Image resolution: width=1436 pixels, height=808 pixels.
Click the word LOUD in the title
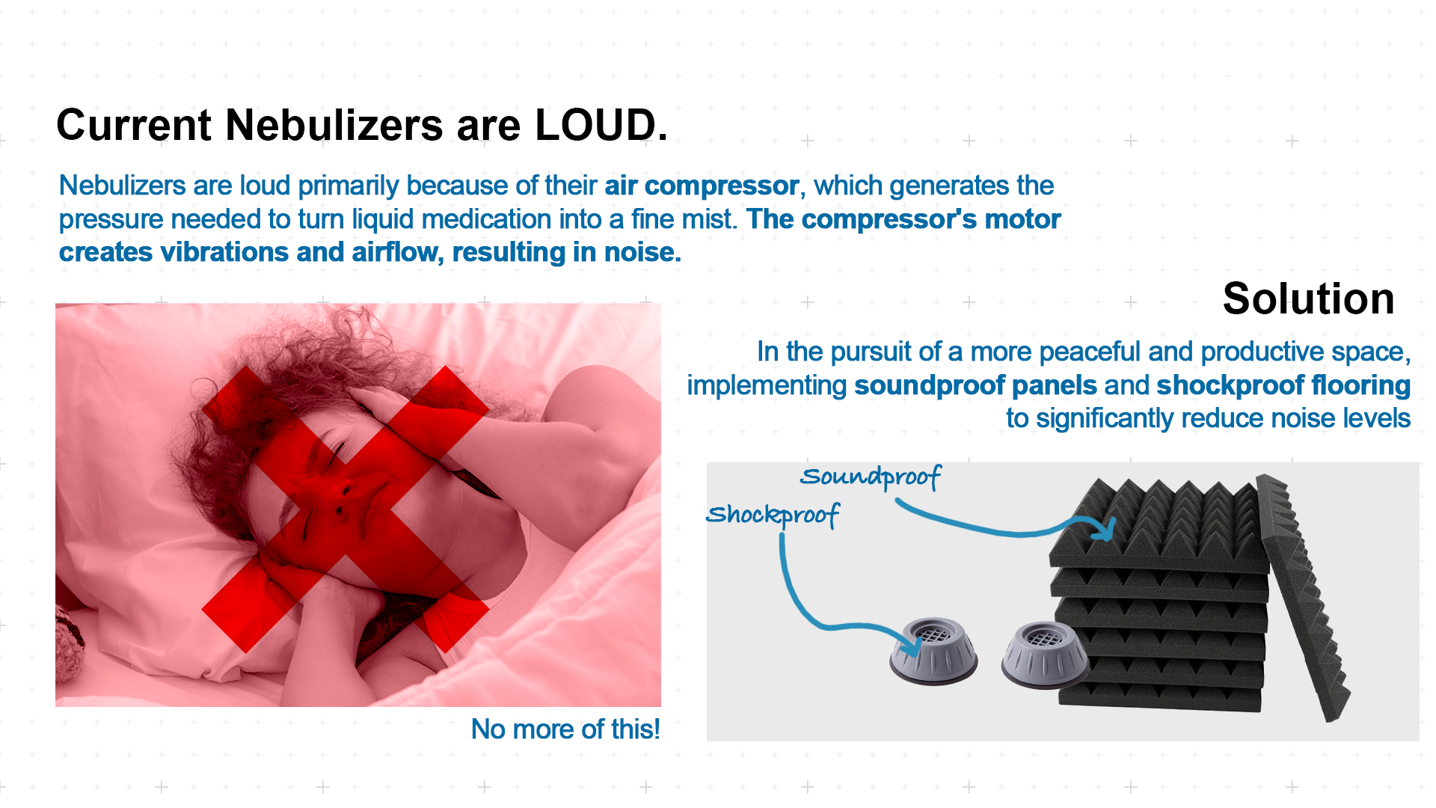pyautogui.click(x=600, y=125)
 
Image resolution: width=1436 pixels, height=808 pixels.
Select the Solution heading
pyautogui.click(x=1308, y=299)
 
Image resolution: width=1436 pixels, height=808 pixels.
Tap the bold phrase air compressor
pyautogui.click(x=702, y=186)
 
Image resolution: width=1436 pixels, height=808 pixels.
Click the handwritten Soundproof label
pyautogui.click(x=870, y=477)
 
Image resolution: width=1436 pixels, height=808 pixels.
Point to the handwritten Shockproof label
pyautogui.click(x=773, y=515)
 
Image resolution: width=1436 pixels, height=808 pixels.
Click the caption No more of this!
pyautogui.click(x=565, y=729)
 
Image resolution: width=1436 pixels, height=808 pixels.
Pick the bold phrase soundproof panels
pyautogui.click(x=975, y=385)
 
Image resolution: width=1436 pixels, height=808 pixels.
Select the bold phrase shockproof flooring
pyautogui.click(x=1283, y=385)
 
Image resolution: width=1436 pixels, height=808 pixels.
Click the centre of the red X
pyautogui.click(x=346, y=509)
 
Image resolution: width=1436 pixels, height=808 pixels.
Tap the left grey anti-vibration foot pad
pyautogui.click(x=933, y=651)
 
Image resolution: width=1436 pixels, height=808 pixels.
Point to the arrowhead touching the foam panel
pyautogui.click(x=1105, y=529)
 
